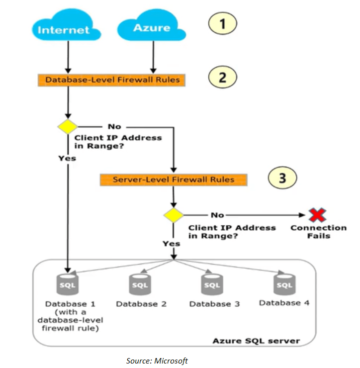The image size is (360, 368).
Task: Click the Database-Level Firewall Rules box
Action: pos(112,80)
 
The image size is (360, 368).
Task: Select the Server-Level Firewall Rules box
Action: pos(173,180)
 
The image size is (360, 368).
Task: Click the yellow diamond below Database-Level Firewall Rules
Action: pos(68,126)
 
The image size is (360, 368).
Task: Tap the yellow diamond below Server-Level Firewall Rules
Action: pos(173,215)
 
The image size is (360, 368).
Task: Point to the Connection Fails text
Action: pos(318,232)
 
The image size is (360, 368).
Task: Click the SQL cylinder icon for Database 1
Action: pos(68,285)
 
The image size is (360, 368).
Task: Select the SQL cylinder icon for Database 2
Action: pos(141,285)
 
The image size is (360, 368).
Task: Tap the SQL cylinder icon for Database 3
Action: pos(212,285)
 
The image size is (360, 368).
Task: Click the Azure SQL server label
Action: pos(256,341)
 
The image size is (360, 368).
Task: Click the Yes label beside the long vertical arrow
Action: pos(67,158)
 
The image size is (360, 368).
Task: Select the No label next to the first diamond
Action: pos(114,126)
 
